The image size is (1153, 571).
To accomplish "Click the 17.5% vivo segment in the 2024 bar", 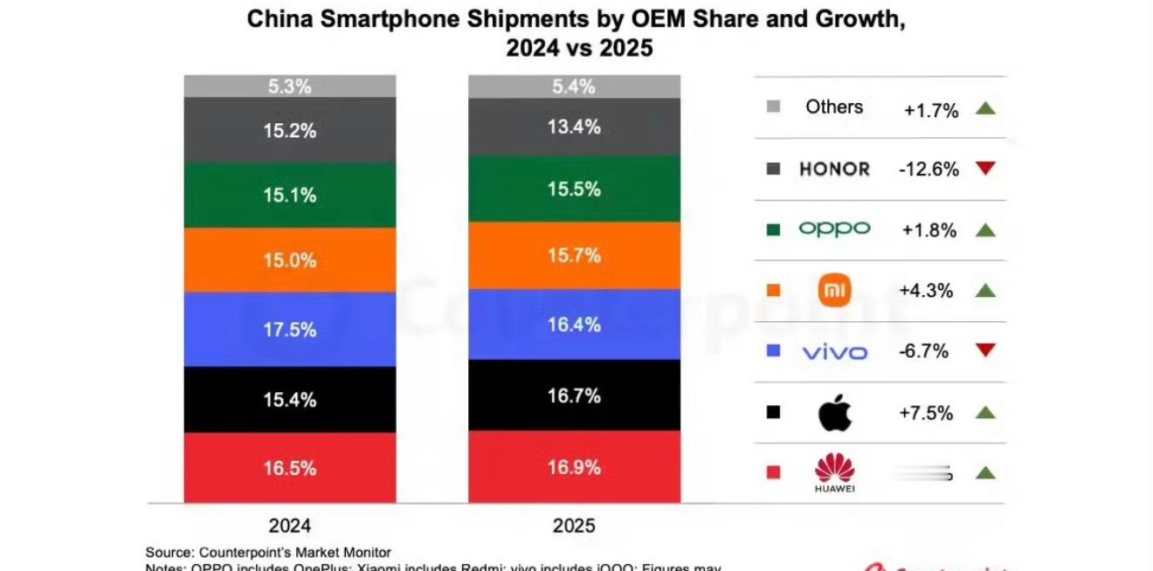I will (x=289, y=329).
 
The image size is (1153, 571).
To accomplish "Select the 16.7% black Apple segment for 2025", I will (x=574, y=396).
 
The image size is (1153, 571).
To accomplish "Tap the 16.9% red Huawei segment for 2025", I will (x=574, y=467).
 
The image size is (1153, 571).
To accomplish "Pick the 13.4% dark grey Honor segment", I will (x=574, y=127).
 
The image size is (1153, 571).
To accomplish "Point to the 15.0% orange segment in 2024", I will (x=289, y=260).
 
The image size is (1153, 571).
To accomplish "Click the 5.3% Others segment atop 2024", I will (x=289, y=86).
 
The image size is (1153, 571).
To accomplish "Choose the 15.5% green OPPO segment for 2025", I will (x=574, y=189).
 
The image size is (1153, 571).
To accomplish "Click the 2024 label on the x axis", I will (x=289, y=526).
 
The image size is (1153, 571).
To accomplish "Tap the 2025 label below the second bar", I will (x=574, y=526).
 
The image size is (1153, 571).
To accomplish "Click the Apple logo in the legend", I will (x=834, y=413).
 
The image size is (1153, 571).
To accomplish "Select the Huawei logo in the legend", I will (x=834, y=472).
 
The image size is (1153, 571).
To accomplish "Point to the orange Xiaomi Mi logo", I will (x=834, y=290).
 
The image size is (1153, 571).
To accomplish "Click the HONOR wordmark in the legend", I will (x=834, y=169).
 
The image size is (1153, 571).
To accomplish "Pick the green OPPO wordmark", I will (x=834, y=230).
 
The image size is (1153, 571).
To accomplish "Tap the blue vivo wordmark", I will (x=834, y=352).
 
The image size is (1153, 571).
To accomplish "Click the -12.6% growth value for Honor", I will (x=928, y=169).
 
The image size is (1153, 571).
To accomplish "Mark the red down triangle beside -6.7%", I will (x=985, y=351).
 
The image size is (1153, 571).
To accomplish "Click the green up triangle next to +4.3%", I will (x=985, y=291).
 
